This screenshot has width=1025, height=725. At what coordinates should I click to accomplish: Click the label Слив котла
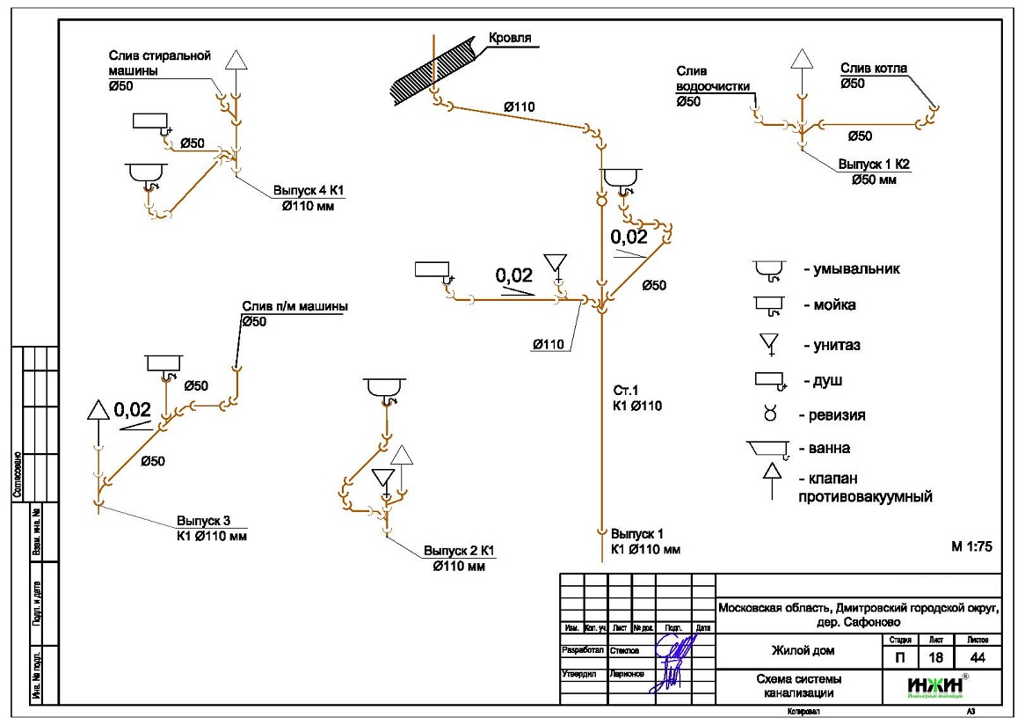pyautogui.click(x=874, y=69)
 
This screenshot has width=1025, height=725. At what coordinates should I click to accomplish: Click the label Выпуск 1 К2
pyautogui.click(x=873, y=165)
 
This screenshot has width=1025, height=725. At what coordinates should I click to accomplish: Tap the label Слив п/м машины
pyautogui.click(x=294, y=307)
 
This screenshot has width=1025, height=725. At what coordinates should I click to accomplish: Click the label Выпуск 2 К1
pyautogui.click(x=459, y=552)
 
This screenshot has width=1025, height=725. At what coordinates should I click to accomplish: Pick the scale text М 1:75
pyautogui.click(x=971, y=546)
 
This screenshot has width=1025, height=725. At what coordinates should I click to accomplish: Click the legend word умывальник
pyautogui.click(x=852, y=269)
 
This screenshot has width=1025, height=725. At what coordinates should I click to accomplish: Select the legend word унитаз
pyautogui.click(x=832, y=345)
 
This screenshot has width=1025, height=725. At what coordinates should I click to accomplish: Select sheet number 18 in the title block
pyautogui.click(x=934, y=657)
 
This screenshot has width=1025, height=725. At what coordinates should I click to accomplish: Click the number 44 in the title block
pyautogui.click(x=977, y=657)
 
